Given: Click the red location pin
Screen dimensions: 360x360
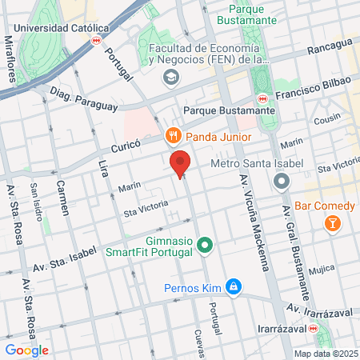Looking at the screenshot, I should point(181,163).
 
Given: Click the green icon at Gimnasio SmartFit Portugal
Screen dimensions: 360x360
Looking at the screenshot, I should point(205,244).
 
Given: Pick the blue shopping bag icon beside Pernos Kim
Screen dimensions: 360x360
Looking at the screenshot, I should point(233,286).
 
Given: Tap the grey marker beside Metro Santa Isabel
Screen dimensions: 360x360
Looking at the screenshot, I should point(281,181).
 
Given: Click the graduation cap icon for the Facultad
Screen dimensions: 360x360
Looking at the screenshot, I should point(170,77).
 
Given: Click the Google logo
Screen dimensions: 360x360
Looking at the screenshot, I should point(26,350).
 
